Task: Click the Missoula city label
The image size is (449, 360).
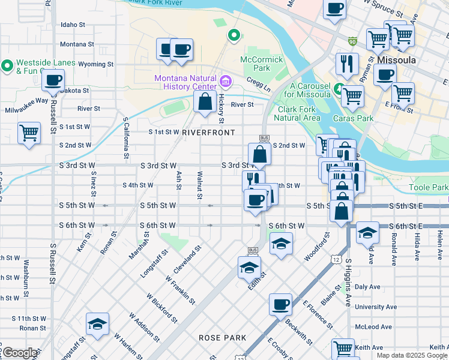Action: (397, 61)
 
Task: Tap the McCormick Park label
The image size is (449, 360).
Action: (261, 64)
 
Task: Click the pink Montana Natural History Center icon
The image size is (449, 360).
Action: (226, 80)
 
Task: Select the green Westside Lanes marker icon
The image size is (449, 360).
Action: (7, 65)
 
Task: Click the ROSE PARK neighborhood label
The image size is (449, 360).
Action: (223, 338)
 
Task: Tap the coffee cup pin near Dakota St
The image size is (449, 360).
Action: (53, 80)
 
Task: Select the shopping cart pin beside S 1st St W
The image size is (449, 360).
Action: (29, 133)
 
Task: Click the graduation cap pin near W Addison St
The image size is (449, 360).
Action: (97, 325)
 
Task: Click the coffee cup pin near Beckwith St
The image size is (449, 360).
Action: (280, 305)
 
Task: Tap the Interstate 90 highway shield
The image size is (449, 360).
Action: (352, 41)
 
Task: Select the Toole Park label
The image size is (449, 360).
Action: (429, 188)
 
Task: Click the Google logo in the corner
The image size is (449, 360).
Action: (19, 353)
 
